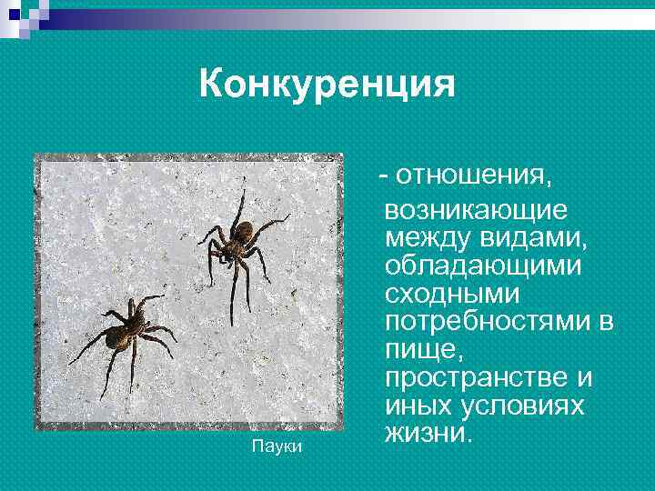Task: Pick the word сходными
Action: (452, 295)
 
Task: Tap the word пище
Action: (419, 351)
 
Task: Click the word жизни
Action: (426, 434)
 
